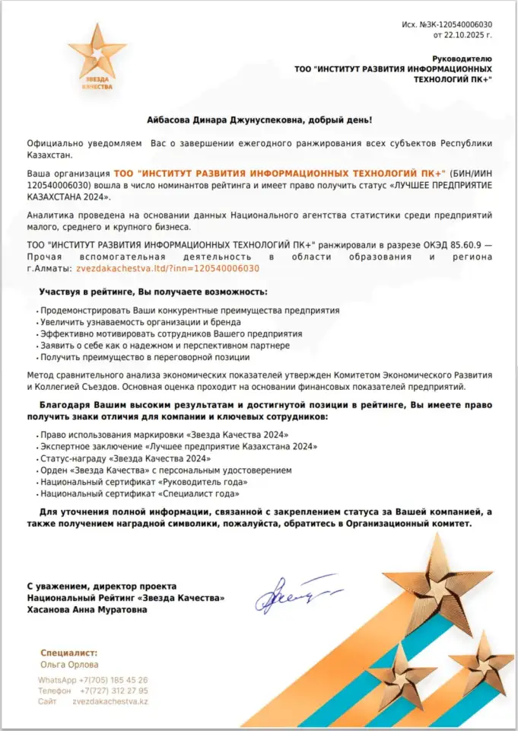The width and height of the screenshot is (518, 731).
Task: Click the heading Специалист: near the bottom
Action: [x=69, y=653]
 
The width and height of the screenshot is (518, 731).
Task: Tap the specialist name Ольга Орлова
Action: [x=68, y=665]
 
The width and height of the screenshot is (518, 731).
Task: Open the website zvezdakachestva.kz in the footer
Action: [x=110, y=701]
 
